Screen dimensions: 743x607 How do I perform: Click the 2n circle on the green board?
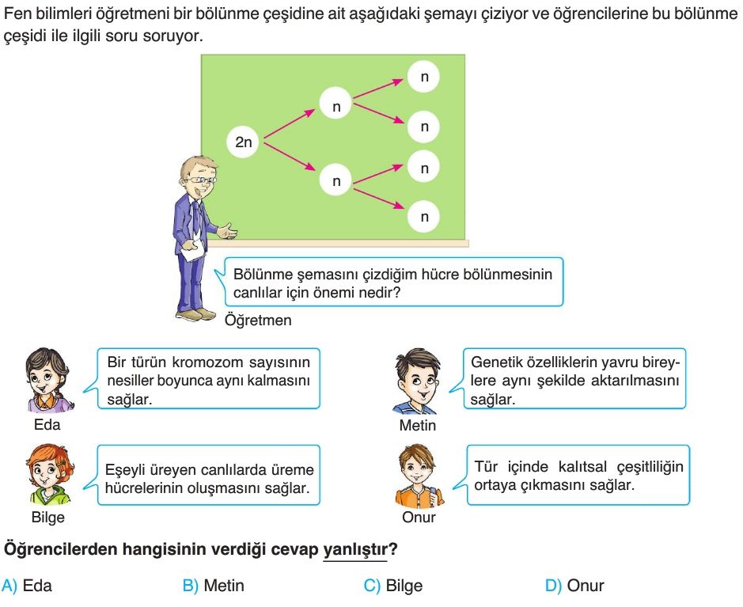pos(243,142)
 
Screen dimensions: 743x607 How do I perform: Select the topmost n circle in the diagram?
pos(423,76)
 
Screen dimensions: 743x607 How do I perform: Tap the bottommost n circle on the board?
pos(423,217)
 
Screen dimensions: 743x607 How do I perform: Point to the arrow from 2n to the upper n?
pos(289,123)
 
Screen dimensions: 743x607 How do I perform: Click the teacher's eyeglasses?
pos(202,180)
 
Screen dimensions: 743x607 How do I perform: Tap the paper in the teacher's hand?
pos(194,250)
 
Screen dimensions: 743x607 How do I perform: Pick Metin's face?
pos(416,381)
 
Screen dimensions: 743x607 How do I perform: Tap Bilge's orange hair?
pos(49,459)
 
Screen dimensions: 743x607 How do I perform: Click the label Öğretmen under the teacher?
pos(258,321)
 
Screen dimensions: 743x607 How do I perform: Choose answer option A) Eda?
pos(27,586)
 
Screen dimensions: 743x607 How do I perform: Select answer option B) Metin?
pos(213,586)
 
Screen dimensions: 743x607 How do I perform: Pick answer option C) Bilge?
pos(392,586)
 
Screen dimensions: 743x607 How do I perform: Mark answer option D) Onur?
pos(574,586)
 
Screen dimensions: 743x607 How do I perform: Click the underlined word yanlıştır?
pos(355,550)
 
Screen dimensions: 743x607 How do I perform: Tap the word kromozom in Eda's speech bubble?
pos(207,362)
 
